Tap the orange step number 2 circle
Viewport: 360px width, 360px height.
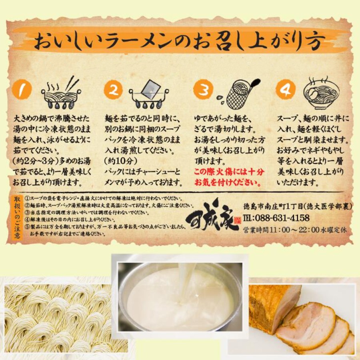[113, 90]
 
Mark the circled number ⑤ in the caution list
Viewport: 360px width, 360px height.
[27, 226]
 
